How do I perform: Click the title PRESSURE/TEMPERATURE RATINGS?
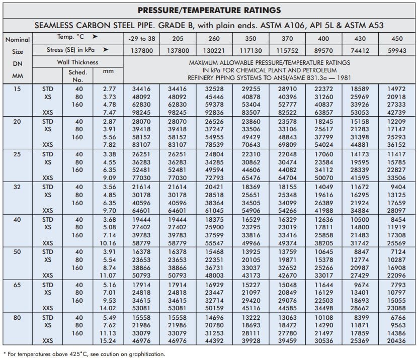pos(209,10)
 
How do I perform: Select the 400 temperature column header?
pos(323,38)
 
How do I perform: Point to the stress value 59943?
pos(397,50)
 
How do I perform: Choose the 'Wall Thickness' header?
pos(77,62)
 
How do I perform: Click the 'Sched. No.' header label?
pos(77,75)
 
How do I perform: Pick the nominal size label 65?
pos(17,285)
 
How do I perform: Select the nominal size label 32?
pos(17,187)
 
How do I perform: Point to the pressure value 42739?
pos(397,113)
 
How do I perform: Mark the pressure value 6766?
pos(398,317)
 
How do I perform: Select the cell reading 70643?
pos(251,145)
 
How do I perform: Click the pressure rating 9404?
pos(398,187)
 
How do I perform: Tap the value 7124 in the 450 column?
pos(398,251)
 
